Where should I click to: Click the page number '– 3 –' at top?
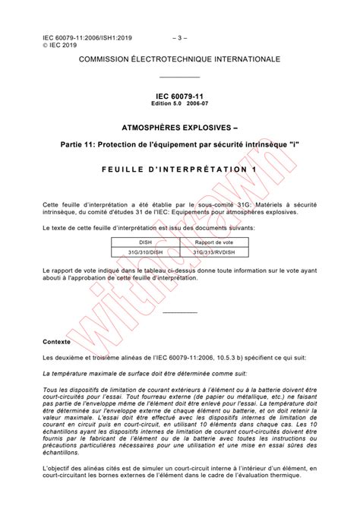[179, 36]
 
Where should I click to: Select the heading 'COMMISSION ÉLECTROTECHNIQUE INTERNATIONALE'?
[180, 59]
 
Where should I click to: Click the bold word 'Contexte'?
[57, 342]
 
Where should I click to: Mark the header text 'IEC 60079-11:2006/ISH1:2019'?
[84, 36]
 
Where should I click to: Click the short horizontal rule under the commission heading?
[180, 77]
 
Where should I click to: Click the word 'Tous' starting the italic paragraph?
[50, 389]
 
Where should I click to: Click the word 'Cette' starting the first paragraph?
[52, 206]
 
